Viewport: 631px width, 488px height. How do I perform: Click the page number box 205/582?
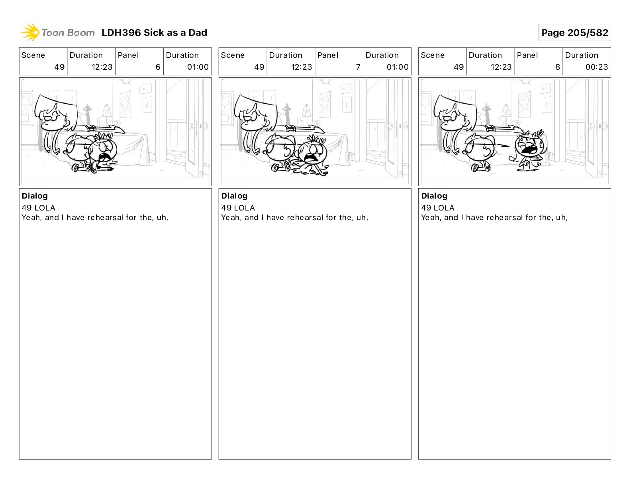point(574,33)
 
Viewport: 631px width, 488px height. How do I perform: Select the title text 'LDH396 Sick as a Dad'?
point(154,33)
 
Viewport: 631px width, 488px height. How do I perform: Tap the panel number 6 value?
point(158,67)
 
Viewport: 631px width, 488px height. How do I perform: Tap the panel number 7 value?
point(358,67)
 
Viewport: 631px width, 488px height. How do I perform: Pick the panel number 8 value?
point(558,67)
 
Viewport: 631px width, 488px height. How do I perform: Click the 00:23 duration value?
point(596,67)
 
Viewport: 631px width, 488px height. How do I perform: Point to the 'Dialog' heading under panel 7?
point(234,196)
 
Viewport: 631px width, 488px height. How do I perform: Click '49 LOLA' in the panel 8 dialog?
point(438,208)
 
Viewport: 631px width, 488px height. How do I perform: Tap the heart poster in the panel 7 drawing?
point(325,104)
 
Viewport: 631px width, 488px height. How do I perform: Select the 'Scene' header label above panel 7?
point(233,55)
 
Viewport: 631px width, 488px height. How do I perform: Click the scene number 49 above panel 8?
point(459,67)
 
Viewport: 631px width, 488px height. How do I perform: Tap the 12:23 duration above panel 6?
point(102,67)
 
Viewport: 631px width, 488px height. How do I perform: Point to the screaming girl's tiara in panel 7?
point(317,138)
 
